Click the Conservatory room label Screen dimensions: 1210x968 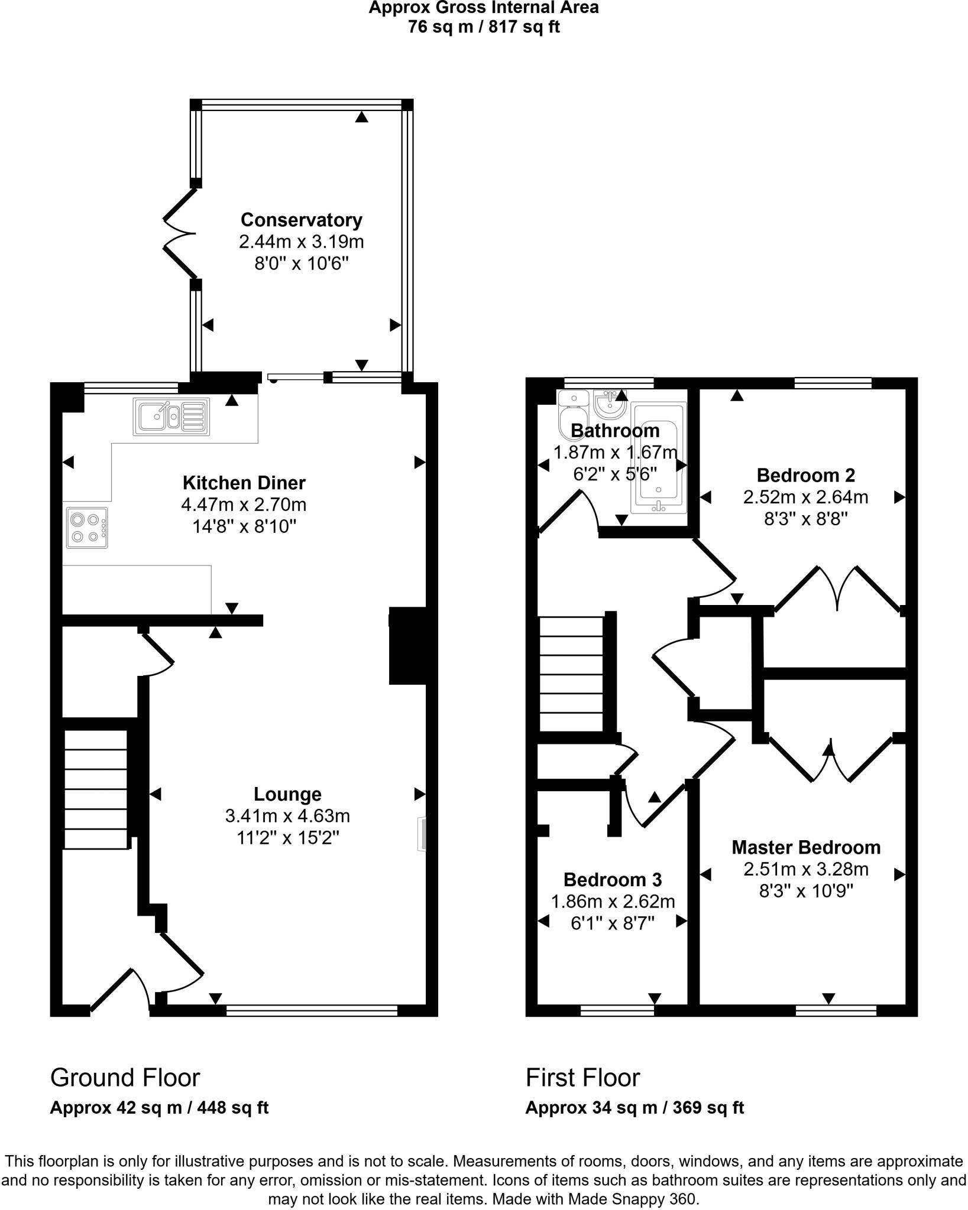pos(301,220)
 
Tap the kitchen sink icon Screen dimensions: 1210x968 pos(171,417)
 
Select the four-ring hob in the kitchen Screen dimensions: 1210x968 pos(87,528)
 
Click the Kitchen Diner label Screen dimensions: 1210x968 pos(244,483)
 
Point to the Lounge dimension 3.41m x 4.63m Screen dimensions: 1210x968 pos(287,816)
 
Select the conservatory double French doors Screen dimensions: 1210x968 pos(179,234)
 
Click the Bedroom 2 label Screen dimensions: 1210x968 pos(805,475)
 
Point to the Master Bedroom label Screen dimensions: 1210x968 pos(805,847)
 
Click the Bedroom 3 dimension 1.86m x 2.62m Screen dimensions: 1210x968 pos(613,902)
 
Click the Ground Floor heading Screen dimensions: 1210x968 pos(125,1078)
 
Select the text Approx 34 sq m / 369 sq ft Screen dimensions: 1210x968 pos(634,1108)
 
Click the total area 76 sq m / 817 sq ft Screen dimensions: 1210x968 pos(484,27)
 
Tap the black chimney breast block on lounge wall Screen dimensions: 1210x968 pos(408,645)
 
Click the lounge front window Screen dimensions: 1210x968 pos(312,1011)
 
